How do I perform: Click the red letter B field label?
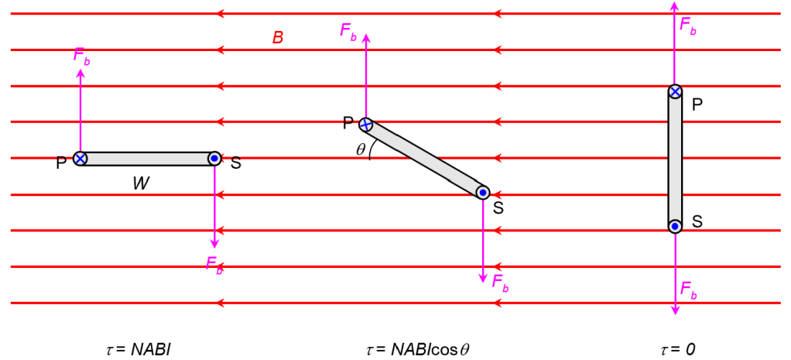[x=278, y=37]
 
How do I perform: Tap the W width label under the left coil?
[x=140, y=183]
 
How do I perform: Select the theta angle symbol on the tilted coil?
[x=361, y=150]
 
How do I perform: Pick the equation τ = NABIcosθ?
[x=417, y=349]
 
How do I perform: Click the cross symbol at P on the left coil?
[x=80, y=159]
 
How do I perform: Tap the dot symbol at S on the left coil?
[x=214, y=159]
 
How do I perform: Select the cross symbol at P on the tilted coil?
[x=366, y=124]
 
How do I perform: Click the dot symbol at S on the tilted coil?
[x=482, y=191]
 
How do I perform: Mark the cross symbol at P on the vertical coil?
[x=675, y=91]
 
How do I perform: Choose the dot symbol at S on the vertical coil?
[x=675, y=226]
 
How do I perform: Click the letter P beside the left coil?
[x=61, y=163]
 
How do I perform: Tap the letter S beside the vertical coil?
[x=697, y=221]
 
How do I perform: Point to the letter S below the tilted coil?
[x=498, y=207]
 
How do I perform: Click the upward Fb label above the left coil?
[x=81, y=56]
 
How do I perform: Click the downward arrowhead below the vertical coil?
[x=675, y=309]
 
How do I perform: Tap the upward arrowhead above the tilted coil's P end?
[x=366, y=38]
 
